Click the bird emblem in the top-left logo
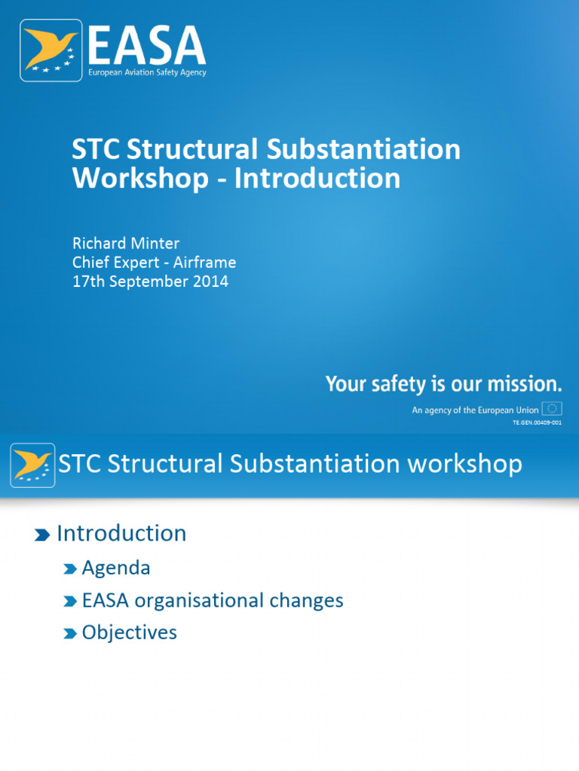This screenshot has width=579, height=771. tap(51, 50)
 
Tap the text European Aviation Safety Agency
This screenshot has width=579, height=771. tap(147, 73)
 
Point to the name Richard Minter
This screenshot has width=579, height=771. tap(126, 243)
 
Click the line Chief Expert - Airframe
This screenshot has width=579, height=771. tap(154, 263)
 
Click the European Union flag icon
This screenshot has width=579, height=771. tap(553, 410)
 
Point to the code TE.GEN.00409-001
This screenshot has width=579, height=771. tap(537, 423)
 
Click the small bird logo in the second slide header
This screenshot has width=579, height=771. tap(32, 465)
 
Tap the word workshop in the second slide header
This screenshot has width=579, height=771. tap(464, 464)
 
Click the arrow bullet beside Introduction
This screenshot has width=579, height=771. tap(42, 535)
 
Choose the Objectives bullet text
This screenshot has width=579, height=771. tap(129, 632)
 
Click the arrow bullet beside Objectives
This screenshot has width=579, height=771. tap(71, 633)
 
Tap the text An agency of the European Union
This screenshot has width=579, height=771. tap(475, 410)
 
